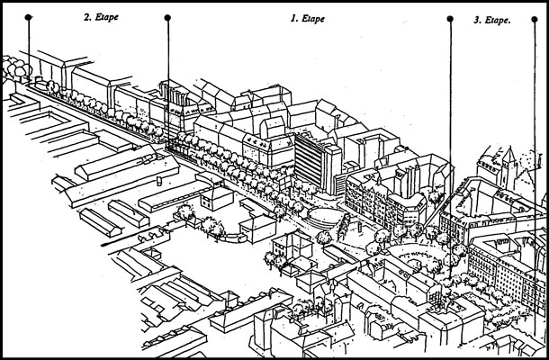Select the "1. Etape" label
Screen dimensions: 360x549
[308, 16]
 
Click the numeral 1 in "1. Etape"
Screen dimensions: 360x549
[291, 16]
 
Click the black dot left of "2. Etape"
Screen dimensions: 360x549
[29, 17]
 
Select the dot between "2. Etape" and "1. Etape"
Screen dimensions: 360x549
[167, 17]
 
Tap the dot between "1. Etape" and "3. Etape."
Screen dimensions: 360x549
[449, 18]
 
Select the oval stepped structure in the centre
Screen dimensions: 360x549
[324, 217]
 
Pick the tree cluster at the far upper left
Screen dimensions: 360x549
[15, 66]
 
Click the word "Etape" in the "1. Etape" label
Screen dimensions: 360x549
[314, 16]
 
